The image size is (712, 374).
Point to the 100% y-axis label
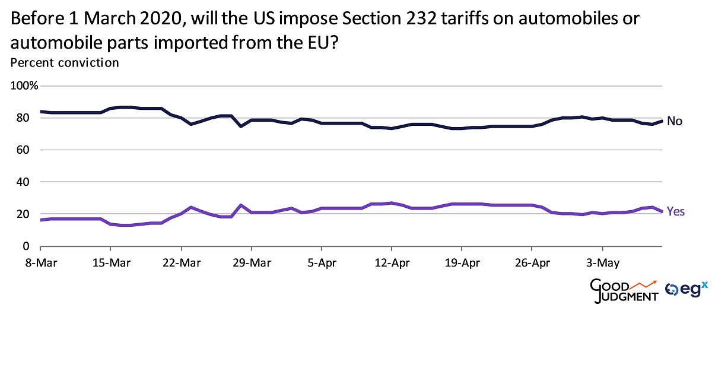tap(25, 85)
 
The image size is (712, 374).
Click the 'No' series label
tap(674, 121)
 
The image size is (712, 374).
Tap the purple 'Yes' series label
tap(676, 211)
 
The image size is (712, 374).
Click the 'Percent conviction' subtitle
tap(65, 62)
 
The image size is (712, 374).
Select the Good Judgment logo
tap(624, 290)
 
